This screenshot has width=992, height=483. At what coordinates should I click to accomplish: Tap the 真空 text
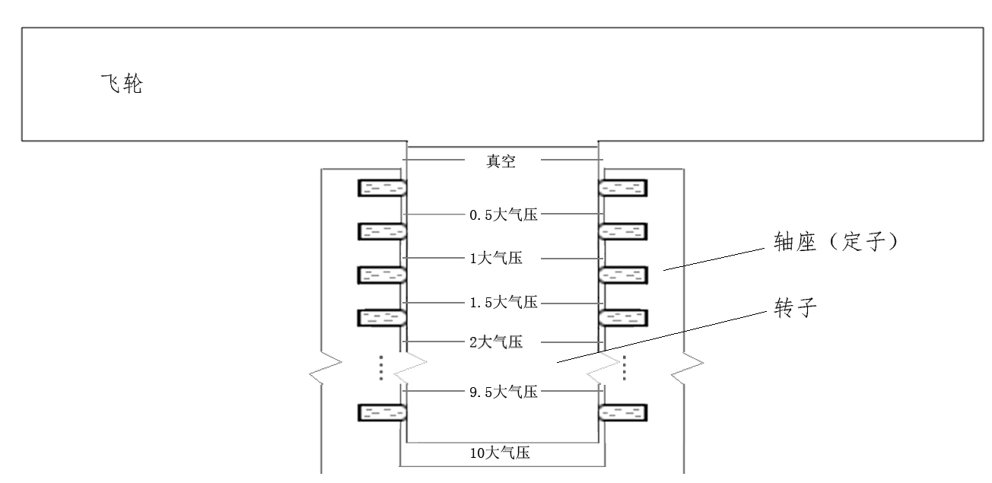point(503,160)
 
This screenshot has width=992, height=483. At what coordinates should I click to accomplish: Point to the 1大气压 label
point(495,259)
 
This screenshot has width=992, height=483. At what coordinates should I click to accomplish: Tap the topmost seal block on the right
point(624,187)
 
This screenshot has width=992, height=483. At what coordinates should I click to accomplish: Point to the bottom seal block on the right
point(624,413)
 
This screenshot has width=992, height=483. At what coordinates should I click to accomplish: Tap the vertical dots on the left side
point(380,367)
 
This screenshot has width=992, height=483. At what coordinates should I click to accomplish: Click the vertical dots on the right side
point(625,367)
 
